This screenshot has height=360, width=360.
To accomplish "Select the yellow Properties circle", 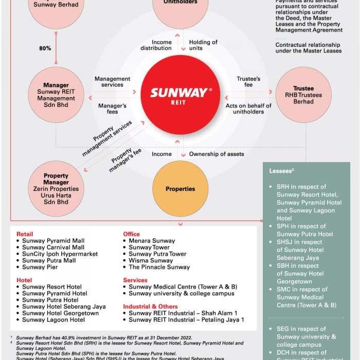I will (x=180, y=189).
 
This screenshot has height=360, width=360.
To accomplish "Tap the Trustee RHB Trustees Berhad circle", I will (x=303, y=95).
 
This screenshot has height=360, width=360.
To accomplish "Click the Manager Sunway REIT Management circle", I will (x=56, y=95).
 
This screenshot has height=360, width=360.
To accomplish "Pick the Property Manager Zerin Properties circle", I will (x=56, y=189).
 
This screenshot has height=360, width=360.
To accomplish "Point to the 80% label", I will (x=45, y=48).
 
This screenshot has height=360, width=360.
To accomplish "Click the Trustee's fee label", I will (x=248, y=82).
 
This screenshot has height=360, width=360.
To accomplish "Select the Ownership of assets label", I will (x=217, y=154).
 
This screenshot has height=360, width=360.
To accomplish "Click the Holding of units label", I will (x=203, y=45).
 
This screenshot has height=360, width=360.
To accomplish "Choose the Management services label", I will (x=112, y=82).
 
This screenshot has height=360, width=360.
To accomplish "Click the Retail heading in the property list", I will (x=25, y=234).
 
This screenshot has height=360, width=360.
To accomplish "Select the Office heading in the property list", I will (x=132, y=234).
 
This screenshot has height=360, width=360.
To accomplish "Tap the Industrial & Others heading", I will (x=150, y=307).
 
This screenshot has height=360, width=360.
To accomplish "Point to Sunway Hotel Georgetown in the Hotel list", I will (x=60, y=313).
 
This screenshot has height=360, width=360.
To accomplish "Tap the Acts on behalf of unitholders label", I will (x=248, y=109).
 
